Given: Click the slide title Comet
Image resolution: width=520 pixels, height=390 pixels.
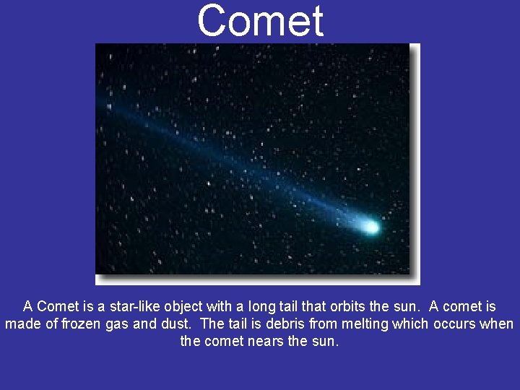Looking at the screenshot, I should tap(260, 20).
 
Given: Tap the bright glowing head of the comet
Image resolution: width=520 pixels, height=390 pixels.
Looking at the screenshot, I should tap(370, 227).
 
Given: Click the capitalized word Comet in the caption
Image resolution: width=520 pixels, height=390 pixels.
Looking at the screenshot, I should tap(59, 306).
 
